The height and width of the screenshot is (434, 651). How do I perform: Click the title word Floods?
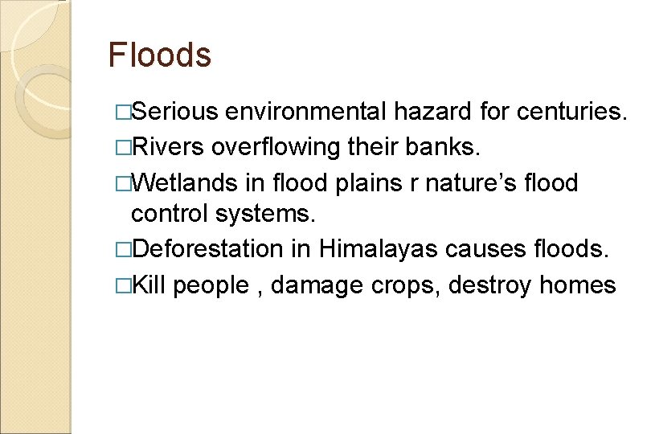[160, 55]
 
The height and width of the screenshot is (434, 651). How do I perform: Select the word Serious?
[174, 111]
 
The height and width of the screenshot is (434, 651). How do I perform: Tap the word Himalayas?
[378, 250]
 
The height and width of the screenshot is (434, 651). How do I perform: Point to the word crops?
[406, 286]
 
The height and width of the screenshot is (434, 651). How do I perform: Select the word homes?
[578, 285]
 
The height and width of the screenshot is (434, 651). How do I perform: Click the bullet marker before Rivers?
[122, 148]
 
